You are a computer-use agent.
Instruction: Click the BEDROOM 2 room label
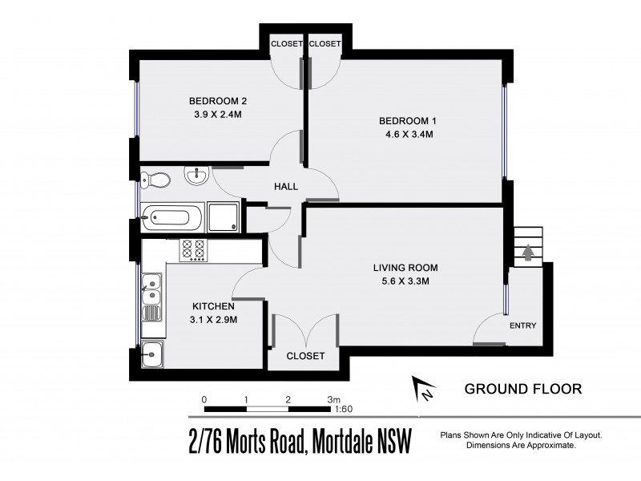tap(217, 101)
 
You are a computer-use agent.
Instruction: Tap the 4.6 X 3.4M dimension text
tap(409, 135)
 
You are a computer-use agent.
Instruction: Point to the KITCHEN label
tap(213, 306)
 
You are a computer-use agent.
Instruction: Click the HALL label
tap(286, 187)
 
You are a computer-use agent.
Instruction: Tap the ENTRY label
tap(523, 325)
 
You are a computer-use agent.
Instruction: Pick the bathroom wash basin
tap(196, 174)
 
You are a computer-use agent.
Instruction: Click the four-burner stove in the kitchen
tap(194, 249)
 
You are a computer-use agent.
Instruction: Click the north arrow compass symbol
tap(422, 390)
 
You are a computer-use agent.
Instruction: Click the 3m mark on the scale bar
tap(333, 398)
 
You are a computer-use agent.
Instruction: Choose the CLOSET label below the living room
tap(306, 355)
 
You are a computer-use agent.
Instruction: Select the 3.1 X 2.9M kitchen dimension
tap(214, 320)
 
